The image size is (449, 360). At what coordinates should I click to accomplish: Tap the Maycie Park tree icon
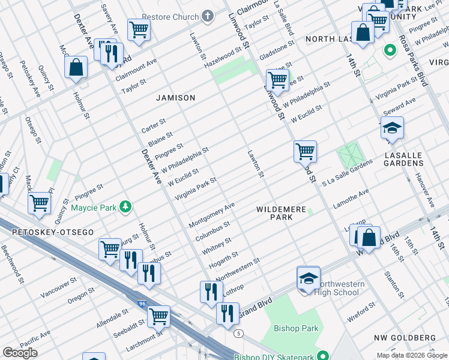coord(125,208)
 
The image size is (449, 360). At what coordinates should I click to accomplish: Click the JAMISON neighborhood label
coord(176,97)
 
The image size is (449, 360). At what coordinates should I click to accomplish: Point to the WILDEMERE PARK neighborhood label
coord(281,213)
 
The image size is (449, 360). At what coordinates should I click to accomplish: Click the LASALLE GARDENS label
coord(403,159)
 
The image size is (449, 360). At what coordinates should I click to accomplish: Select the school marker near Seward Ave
coord(392,128)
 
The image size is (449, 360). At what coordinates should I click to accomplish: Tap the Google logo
coord(19,353)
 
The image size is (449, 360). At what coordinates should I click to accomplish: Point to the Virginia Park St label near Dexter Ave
coord(195,189)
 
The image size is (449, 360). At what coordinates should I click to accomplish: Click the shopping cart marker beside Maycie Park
coord(40,203)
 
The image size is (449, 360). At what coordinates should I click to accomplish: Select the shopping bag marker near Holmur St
coord(76,68)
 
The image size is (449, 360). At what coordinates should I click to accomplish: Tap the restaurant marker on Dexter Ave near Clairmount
coord(110,54)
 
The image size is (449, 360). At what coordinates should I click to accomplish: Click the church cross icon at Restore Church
coord(208,16)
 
